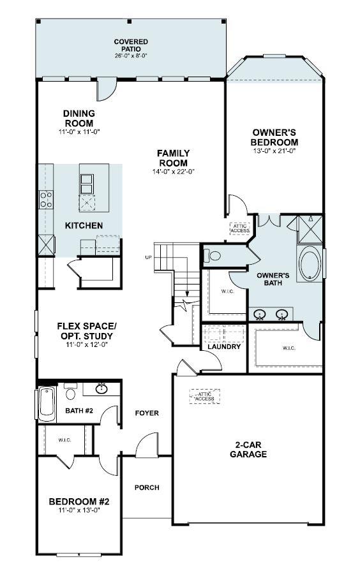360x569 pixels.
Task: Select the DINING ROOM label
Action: pyautogui.click(x=79, y=118)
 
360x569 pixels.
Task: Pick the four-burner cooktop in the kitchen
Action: pyautogui.click(x=46, y=200)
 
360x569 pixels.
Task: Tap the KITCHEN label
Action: pyautogui.click(x=84, y=226)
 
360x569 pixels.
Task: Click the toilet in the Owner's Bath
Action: pyautogui.click(x=214, y=256)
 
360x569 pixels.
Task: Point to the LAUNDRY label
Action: pyautogui.click(x=224, y=346)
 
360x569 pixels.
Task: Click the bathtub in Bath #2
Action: pyautogui.click(x=47, y=404)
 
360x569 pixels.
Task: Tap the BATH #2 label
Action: pyautogui.click(x=80, y=410)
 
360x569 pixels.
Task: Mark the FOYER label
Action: pyautogui.click(x=147, y=413)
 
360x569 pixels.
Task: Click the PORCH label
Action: pyautogui.click(x=147, y=487)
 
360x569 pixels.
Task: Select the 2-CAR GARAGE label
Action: pyautogui.click(x=248, y=450)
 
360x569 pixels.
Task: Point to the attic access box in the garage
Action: pyautogui.click(x=205, y=396)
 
